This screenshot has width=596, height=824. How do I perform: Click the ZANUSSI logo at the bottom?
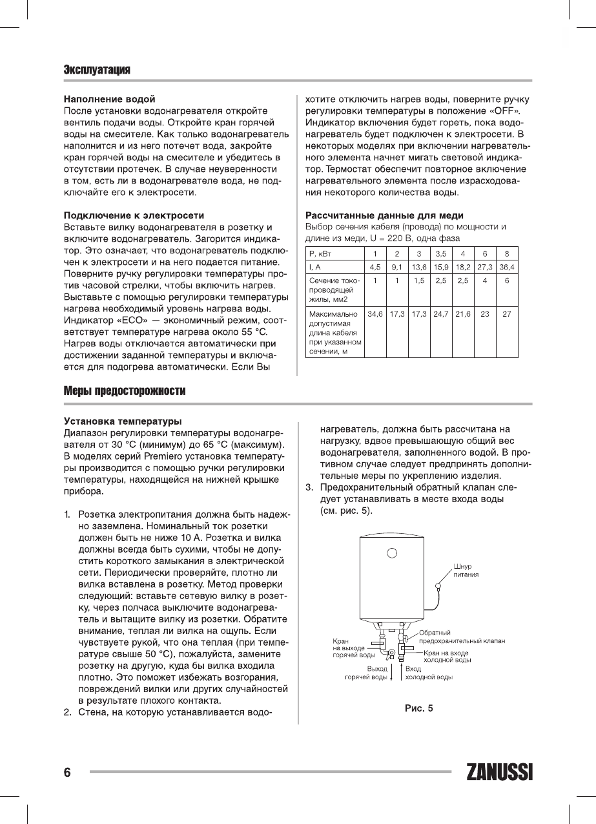pyautogui.click(x=498, y=772)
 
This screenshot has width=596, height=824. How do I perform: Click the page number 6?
pyautogui.click(x=67, y=772)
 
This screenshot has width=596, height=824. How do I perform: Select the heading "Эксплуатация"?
pyautogui.click(x=97, y=70)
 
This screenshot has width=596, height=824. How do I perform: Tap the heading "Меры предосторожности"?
pyautogui.click(x=125, y=392)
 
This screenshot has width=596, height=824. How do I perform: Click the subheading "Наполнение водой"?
pyautogui.click(x=109, y=99)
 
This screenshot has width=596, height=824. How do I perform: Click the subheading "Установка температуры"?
pyautogui.click(x=122, y=421)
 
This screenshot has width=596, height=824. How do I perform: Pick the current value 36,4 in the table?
pyautogui.click(x=507, y=266)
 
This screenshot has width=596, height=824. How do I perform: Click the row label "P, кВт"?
pyautogui.click(x=322, y=253)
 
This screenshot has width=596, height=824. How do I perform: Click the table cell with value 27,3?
pyautogui.click(x=484, y=266)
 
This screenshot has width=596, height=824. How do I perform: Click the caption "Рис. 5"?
pyautogui.click(x=418, y=708)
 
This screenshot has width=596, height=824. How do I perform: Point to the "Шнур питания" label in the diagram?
pyautogui.click(x=466, y=570)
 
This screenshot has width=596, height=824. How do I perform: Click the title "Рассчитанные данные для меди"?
pyautogui.click(x=384, y=215)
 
